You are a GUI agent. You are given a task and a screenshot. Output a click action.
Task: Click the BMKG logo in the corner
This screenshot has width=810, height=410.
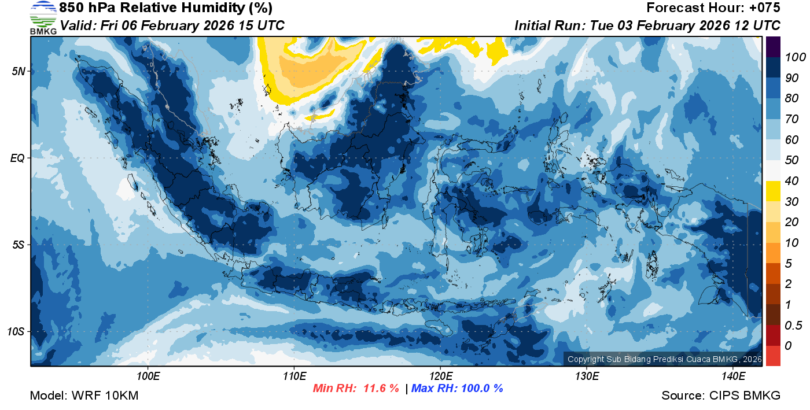tap(43, 18)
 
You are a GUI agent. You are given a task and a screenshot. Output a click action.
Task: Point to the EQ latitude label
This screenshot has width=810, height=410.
tap(18, 158)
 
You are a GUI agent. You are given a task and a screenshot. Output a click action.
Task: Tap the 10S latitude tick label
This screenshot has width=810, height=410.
tap(16, 331)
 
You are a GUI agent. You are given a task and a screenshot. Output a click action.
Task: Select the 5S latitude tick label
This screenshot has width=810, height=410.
tap(18, 245)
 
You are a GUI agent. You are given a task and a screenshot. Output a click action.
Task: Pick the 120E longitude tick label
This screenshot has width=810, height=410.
tap(440, 376)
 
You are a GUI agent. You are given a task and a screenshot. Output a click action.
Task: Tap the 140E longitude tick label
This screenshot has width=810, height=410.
tap(733, 376)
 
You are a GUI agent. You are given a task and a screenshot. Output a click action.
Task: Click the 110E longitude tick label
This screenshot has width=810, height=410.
tap(294, 376)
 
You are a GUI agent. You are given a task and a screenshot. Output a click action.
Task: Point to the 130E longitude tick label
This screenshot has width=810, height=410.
tap(587, 376)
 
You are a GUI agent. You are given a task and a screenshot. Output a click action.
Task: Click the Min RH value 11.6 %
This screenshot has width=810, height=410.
tap(381, 389)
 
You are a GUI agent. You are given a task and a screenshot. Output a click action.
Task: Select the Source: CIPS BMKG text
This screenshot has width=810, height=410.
tap(721, 396)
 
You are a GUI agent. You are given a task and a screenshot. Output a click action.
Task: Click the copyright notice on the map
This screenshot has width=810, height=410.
tap(664, 360)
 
